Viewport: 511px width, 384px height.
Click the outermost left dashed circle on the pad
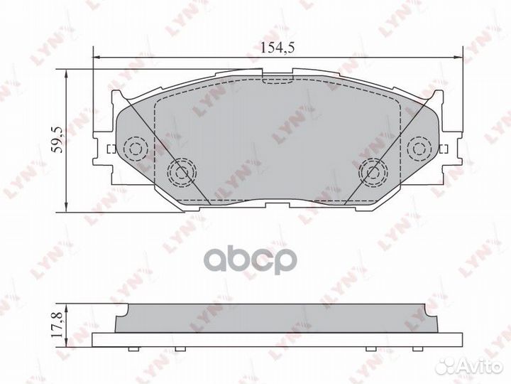click(135, 148)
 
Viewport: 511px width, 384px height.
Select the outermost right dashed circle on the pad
click(421, 148)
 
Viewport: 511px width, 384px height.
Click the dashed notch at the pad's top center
click(278, 78)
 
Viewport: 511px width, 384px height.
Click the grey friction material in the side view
click(278, 315)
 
